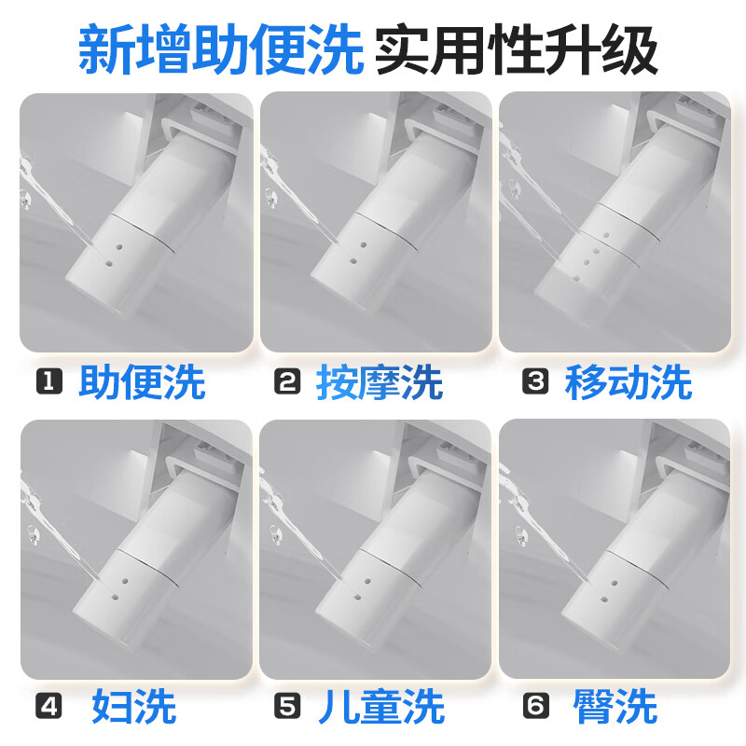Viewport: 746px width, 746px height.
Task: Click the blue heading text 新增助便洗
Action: click(x=221, y=49)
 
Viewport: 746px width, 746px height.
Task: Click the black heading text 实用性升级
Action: click(x=518, y=49)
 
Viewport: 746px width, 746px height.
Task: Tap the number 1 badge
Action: click(x=49, y=381)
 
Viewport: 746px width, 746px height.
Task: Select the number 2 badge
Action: click(x=287, y=381)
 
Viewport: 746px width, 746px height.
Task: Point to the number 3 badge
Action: click(x=535, y=381)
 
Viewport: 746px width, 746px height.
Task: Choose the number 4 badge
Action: click(x=49, y=706)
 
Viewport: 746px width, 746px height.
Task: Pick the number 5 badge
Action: click(x=287, y=706)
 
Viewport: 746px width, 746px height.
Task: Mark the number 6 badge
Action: click(x=535, y=706)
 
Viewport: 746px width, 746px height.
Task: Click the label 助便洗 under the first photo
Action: click(x=142, y=381)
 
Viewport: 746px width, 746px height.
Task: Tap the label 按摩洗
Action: click(x=380, y=381)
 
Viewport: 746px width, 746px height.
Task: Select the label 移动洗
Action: click(x=628, y=381)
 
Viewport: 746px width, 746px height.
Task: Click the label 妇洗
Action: click(x=134, y=707)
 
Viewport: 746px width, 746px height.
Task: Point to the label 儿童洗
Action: click(x=381, y=707)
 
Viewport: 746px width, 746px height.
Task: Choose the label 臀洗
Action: click(x=615, y=707)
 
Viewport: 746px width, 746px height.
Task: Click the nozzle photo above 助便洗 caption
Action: click(x=136, y=223)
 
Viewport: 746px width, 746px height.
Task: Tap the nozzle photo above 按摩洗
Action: click(x=376, y=222)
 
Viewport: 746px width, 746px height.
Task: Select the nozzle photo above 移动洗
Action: click(x=615, y=222)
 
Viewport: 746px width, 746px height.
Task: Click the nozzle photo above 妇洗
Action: click(x=136, y=549)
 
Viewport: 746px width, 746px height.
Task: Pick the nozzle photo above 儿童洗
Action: click(x=376, y=549)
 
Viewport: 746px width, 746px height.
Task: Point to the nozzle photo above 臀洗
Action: click(x=615, y=549)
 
